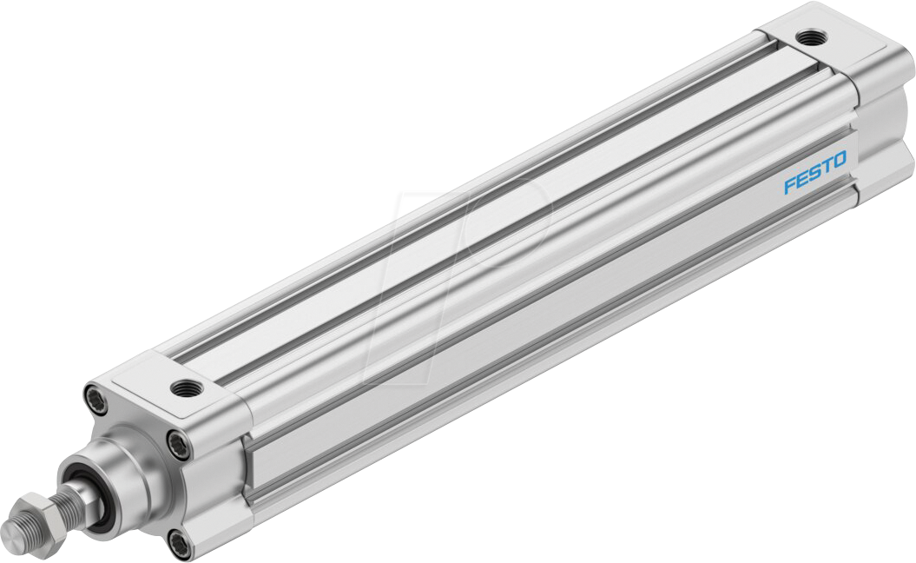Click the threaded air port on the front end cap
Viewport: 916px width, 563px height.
point(183,387)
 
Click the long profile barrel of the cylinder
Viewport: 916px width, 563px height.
point(521,261)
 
